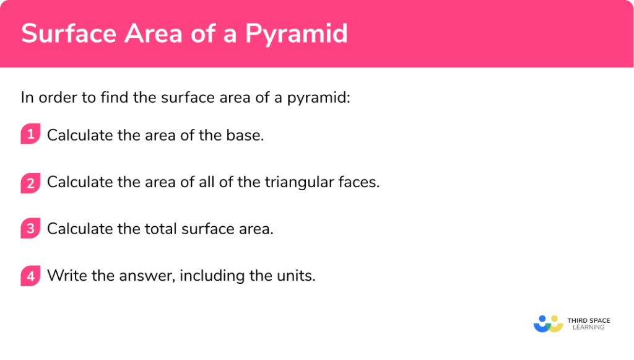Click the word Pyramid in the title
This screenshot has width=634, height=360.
click(296, 33)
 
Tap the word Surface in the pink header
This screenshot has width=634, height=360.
click(61, 33)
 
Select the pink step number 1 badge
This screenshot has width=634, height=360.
click(30, 134)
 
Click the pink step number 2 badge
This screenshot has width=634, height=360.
click(30, 182)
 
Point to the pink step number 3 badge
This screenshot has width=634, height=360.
click(30, 229)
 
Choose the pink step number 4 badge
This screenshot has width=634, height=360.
click(30, 276)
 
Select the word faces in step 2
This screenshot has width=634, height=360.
click(359, 182)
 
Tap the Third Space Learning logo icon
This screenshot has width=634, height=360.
click(548, 323)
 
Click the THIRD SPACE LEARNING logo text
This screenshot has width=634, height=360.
click(588, 323)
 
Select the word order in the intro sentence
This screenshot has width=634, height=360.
click(55, 97)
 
